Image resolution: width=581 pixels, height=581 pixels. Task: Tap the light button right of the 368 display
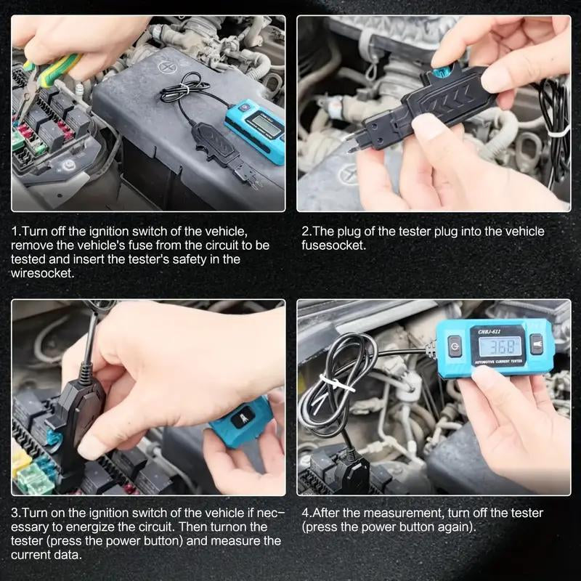(536, 344)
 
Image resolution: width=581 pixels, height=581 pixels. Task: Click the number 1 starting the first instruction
(15, 231)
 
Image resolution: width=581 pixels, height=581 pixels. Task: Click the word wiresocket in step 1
(42, 272)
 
